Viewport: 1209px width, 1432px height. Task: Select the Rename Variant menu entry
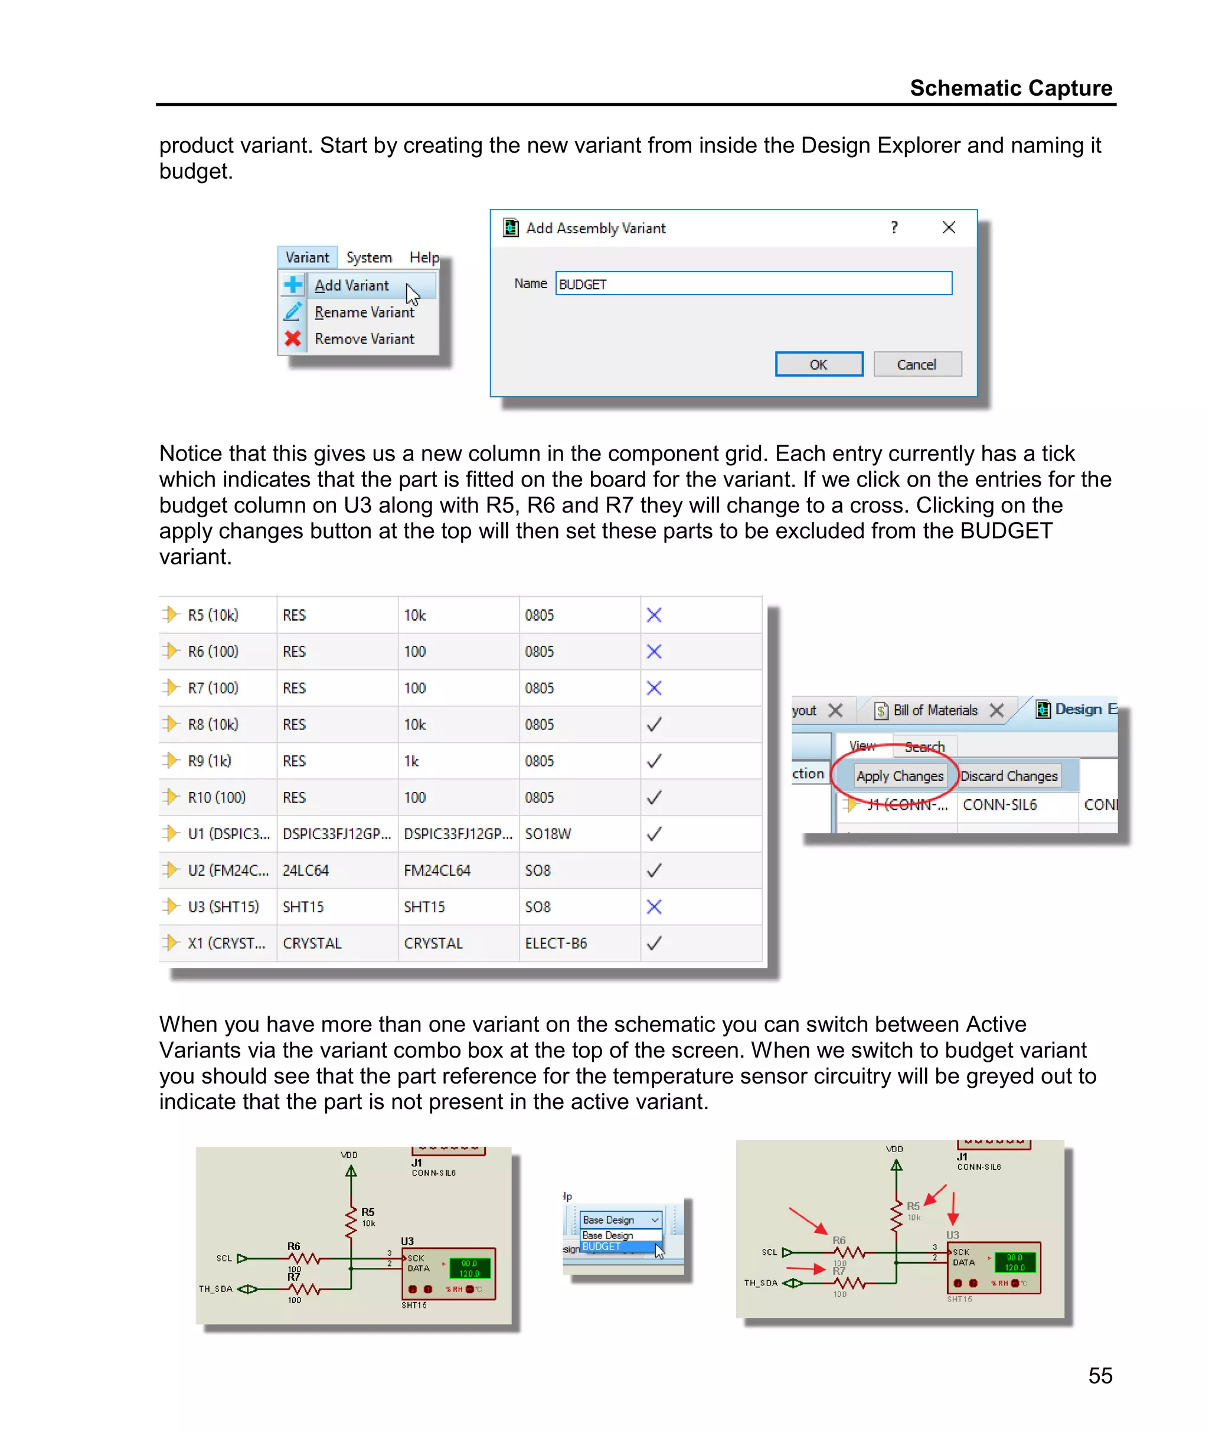click(x=364, y=312)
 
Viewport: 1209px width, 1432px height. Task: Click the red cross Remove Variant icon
click(x=293, y=338)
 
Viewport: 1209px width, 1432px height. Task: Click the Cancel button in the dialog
click(x=916, y=364)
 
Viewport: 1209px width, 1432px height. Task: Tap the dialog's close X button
click(x=949, y=227)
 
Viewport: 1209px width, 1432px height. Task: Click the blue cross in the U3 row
click(x=654, y=906)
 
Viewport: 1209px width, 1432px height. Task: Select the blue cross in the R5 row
click(x=654, y=615)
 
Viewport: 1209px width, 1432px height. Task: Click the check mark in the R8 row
click(x=654, y=725)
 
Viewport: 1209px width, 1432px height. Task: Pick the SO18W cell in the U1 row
click(x=548, y=834)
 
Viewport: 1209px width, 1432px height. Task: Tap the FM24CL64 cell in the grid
click(x=437, y=870)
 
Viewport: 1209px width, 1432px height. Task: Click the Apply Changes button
click(x=899, y=776)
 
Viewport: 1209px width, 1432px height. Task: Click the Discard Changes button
click(x=1008, y=776)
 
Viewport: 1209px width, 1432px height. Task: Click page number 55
click(x=1099, y=1375)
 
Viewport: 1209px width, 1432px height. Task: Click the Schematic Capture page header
click(x=1010, y=89)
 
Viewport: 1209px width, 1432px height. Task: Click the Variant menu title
click(x=307, y=257)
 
